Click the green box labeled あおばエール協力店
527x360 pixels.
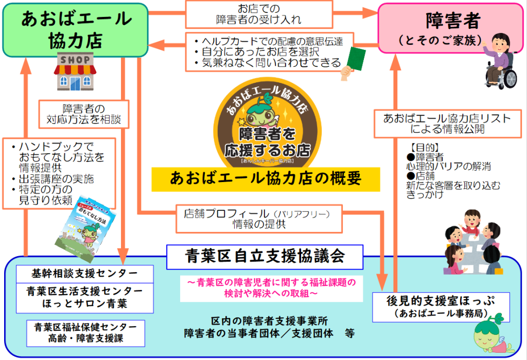(76, 29)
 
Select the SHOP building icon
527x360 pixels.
(76, 71)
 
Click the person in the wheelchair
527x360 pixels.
(500, 62)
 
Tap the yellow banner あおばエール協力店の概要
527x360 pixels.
(266, 179)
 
